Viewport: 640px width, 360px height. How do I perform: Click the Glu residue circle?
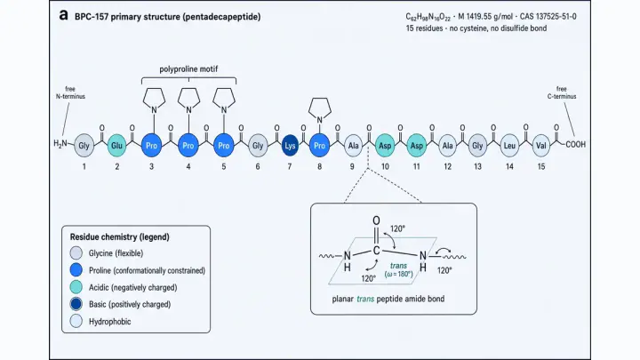point(116,145)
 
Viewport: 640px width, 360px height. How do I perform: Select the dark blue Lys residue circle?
point(290,146)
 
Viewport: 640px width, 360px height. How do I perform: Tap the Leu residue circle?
point(509,145)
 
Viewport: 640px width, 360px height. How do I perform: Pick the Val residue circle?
point(540,145)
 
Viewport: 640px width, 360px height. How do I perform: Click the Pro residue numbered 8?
point(319,145)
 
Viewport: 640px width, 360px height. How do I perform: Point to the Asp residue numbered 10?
point(385,145)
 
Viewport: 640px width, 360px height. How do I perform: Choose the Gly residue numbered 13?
point(477,145)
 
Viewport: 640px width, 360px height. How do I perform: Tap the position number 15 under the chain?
point(540,166)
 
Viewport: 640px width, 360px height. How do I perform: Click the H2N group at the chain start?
point(60,143)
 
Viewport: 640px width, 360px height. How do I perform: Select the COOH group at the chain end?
point(575,145)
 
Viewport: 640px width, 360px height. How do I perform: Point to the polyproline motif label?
point(188,69)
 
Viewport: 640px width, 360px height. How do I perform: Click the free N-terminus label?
point(70,92)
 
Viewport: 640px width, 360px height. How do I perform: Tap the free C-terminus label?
point(562,92)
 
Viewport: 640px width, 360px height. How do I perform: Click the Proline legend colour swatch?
point(76,270)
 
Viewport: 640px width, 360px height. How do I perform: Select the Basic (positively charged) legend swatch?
point(76,304)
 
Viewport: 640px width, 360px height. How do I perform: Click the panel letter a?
point(64,15)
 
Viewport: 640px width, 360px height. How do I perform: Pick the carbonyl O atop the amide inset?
point(376,220)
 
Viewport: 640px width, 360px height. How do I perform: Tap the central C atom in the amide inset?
point(376,251)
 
